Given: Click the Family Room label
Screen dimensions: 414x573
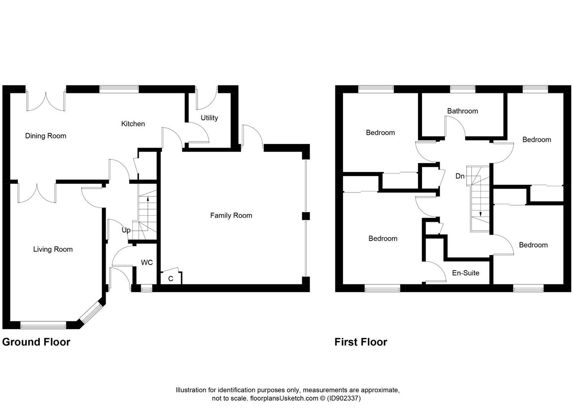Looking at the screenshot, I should pos(231,215).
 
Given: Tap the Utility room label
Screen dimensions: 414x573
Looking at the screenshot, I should pos(209,118).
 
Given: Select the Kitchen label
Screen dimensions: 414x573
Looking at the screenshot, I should pos(133,124).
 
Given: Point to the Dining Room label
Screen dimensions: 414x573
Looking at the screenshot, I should pos(46,136).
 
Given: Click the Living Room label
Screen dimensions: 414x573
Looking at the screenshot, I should pos(53,249).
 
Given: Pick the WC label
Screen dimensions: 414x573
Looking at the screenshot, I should pos(147,263).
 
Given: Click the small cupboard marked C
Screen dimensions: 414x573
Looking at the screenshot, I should pos(171,279).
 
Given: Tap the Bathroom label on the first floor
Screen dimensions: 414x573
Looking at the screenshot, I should pos(462,111).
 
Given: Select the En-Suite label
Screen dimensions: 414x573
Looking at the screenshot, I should pos(465,273).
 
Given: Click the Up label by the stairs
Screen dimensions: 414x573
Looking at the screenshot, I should pos(126,230).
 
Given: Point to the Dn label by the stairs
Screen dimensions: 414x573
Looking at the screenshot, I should pos(460,176).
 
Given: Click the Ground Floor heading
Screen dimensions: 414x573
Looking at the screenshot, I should pos(36,342).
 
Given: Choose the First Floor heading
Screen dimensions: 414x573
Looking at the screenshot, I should pos(360,342).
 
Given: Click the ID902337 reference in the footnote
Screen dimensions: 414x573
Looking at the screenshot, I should pos(344,398).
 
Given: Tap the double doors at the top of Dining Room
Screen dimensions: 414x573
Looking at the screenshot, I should pos(46,101).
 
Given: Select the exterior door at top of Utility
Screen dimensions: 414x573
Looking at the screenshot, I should pos(206,97).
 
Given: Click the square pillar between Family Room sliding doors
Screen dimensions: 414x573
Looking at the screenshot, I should pos(305,216).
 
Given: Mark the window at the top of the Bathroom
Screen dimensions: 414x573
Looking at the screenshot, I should pos(462,89).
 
